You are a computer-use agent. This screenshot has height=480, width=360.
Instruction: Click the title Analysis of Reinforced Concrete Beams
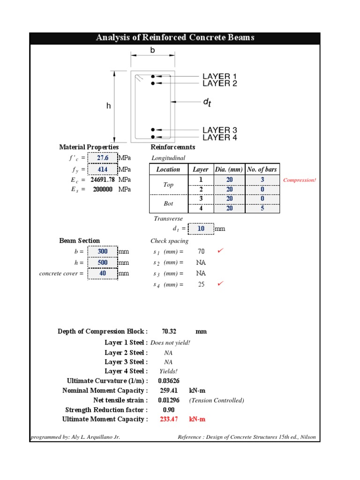[x=175, y=37]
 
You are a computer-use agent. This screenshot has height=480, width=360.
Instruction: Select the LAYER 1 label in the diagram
[x=219, y=76]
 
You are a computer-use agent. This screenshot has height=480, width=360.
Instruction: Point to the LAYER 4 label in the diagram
[x=219, y=137]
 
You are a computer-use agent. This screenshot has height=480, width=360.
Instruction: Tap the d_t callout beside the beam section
[x=207, y=102]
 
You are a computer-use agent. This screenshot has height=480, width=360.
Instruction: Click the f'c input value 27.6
[x=103, y=158]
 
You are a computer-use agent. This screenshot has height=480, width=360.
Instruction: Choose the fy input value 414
[x=103, y=169]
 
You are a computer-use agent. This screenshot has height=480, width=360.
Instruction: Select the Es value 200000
[x=102, y=189]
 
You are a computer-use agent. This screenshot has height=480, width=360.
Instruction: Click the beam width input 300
[x=103, y=251]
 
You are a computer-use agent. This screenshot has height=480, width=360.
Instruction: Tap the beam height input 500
[x=103, y=262]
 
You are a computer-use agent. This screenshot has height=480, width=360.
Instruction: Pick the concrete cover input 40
[x=103, y=273]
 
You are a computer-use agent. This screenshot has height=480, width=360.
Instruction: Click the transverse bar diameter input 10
[x=201, y=229]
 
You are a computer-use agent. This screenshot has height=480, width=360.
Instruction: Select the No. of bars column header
[x=262, y=170]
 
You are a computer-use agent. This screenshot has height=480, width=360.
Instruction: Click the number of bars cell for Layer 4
[x=262, y=208]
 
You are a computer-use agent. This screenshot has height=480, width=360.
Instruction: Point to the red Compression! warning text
[x=300, y=180]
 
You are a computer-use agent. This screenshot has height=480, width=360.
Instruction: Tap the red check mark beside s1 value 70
[x=221, y=251]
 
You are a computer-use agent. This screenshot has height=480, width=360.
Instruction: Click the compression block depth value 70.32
[x=169, y=331]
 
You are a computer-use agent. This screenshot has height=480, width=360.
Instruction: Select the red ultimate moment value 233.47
[x=169, y=419]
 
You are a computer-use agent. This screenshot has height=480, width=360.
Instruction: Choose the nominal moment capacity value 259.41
[x=169, y=390]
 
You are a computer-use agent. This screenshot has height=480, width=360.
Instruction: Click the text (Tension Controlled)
[x=217, y=400]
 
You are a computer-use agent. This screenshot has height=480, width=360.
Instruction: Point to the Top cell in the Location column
[x=168, y=185]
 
